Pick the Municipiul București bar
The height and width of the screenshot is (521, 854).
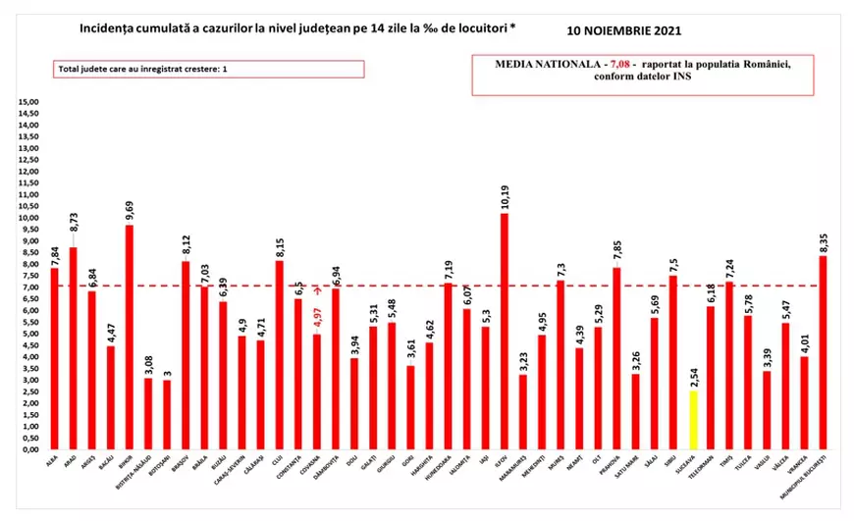point(822,352)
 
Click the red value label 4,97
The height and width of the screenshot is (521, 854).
point(316,318)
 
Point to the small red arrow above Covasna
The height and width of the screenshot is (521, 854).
point(317,290)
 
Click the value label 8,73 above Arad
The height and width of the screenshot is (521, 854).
point(74,233)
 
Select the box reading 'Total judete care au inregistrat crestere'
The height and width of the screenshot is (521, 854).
point(207,69)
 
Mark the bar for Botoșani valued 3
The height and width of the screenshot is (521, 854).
point(167,414)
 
